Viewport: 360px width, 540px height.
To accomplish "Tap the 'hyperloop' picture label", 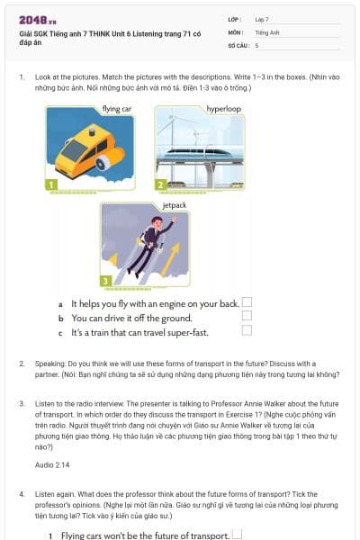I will (x=223, y=108).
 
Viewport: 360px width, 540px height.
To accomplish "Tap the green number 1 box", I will (x=52, y=184).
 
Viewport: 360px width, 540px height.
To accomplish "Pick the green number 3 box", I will (x=106, y=281).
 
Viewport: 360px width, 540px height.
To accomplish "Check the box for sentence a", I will (x=247, y=303).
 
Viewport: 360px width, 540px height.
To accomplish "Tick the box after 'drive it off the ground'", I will (x=247, y=317).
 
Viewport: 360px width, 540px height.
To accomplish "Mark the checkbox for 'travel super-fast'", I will (x=247, y=331).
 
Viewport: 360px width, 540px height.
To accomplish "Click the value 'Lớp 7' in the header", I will (x=262, y=18).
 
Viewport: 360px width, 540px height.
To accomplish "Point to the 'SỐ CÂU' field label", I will (x=238, y=44).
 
